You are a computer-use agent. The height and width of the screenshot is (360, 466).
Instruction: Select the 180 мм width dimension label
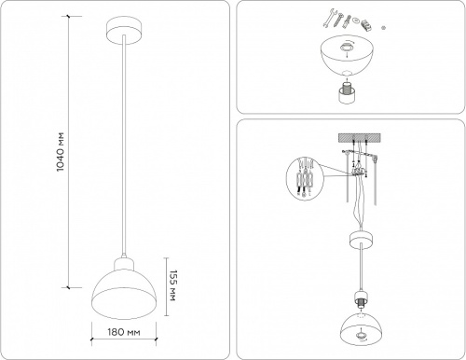pyautogui.click(x=121, y=331)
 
